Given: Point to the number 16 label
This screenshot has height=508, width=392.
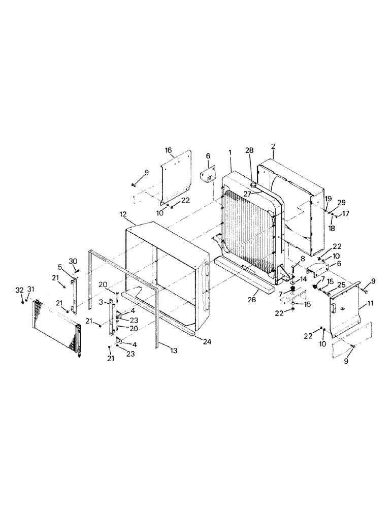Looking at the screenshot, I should [168, 151].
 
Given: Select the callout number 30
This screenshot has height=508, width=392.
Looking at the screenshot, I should [73, 261].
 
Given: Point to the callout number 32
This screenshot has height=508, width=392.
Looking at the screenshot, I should [20, 290].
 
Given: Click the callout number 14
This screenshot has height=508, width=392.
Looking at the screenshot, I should [303, 280].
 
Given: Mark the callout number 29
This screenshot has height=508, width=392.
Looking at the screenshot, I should [341, 202].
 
